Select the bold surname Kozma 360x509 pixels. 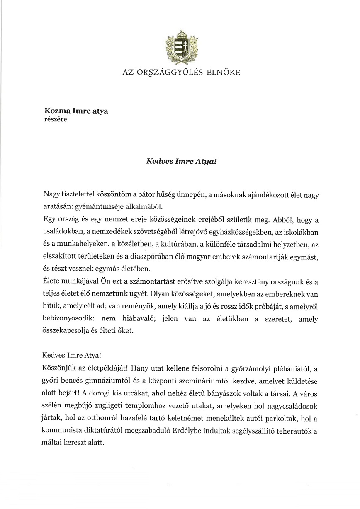[56, 111]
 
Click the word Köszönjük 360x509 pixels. [58, 367]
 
